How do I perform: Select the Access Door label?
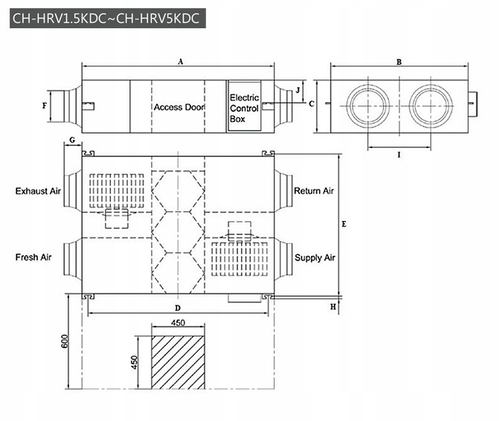[x=179, y=107]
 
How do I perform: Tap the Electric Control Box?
[x=243, y=107]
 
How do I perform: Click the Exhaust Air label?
[x=38, y=191]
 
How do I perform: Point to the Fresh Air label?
[x=33, y=257]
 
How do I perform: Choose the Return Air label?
[x=314, y=191]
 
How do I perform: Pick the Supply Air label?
[x=315, y=258]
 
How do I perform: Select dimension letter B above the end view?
[x=399, y=63]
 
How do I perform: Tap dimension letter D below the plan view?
[x=178, y=306]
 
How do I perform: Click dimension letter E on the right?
[x=343, y=223]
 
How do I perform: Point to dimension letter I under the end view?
[x=400, y=155]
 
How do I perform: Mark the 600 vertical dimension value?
[x=65, y=340]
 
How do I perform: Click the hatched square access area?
[x=178, y=361]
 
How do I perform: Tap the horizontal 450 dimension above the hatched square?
[x=178, y=323]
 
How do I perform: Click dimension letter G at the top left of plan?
[x=71, y=140]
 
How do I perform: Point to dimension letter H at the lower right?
[x=333, y=306]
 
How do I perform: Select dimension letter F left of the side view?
[x=45, y=106]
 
